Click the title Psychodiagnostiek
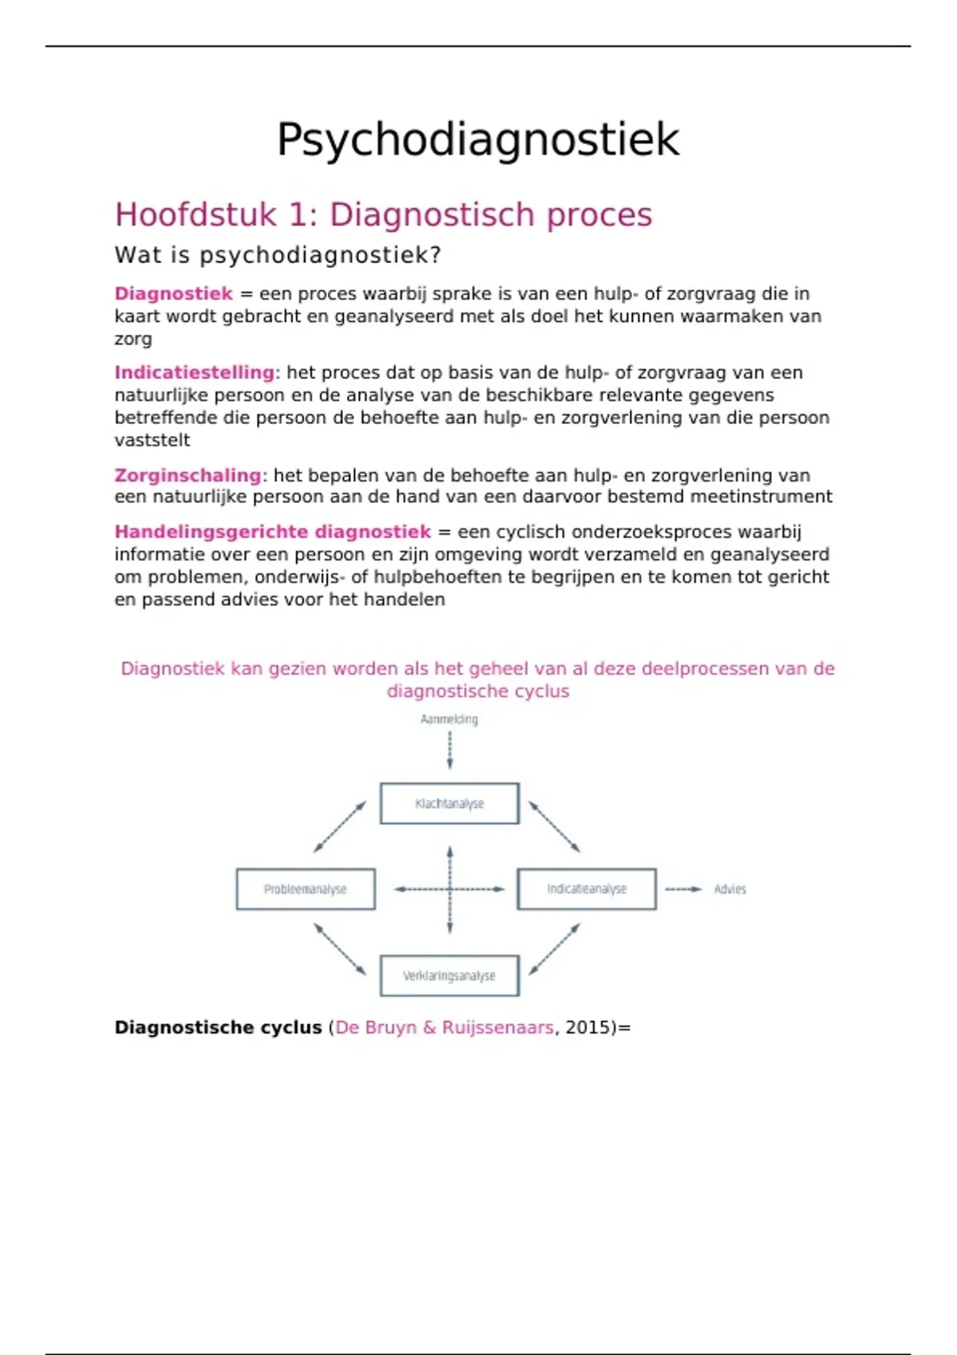pos(478,140)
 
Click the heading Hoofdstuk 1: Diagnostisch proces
pos(384,214)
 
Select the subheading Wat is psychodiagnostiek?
pos(278,255)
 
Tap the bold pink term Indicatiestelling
pos(194,372)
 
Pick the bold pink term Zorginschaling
pos(187,475)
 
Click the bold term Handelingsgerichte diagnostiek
pos(272,532)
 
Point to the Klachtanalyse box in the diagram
pos(450,803)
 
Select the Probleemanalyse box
pos(305,889)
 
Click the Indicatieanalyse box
pos(587,889)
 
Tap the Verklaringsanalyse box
pos(450,976)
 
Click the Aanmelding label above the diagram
pos(449,719)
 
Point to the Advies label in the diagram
pos(730,889)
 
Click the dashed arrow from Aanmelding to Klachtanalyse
pos(450,750)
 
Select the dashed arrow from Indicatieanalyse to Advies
pos(683,889)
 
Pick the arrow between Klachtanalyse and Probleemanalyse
pos(340,827)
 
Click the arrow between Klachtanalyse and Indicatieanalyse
pos(554,827)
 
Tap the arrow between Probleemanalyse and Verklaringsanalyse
pos(340,949)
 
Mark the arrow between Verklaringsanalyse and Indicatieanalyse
pos(554,949)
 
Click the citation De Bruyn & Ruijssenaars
pos(444,1027)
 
